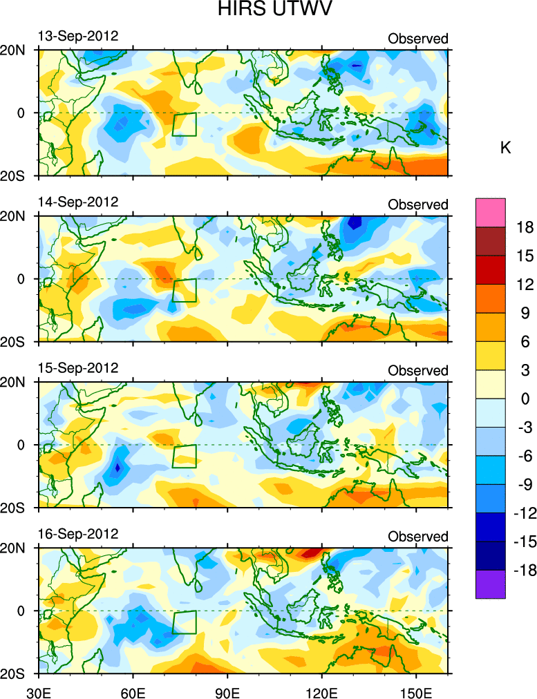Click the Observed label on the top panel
click(417, 39)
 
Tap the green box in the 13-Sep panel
click(185, 124)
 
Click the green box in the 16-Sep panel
click(185, 622)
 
